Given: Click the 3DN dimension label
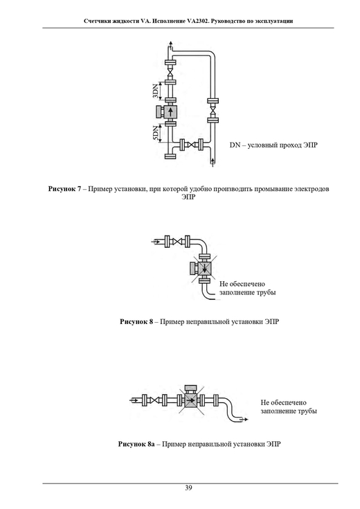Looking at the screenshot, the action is [x=156, y=91].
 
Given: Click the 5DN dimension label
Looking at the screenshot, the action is [x=156, y=133].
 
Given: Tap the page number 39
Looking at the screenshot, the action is [x=188, y=488].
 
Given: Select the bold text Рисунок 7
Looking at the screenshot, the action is [x=64, y=189].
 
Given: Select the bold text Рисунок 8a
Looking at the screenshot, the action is [x=136, y=444].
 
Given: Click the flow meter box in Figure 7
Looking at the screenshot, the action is [x=171, y=112].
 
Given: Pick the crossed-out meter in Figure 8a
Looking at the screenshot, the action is [x=191, y=400].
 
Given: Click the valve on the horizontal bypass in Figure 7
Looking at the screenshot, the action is [x=192, y=145].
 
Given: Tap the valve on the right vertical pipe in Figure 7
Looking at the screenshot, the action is [x=213, y=109].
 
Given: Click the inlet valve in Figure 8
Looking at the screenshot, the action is [x=177, y=242].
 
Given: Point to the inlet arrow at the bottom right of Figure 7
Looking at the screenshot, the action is [x=213, y=162].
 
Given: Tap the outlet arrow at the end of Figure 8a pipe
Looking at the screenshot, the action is [x=244, y=420].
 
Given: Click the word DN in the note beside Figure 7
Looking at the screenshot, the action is [x=235, y=145].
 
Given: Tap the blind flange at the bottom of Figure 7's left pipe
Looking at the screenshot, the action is [x=171, y=157].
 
